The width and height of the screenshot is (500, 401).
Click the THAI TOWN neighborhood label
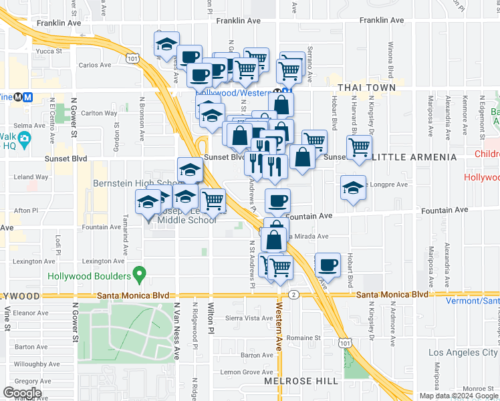[367, 88]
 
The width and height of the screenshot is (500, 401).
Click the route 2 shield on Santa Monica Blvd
[293, 295]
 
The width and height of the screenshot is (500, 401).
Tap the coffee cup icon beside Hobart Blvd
[328, 265]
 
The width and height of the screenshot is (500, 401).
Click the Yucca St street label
[49, 50]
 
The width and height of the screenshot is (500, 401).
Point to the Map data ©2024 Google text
[459, 396]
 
